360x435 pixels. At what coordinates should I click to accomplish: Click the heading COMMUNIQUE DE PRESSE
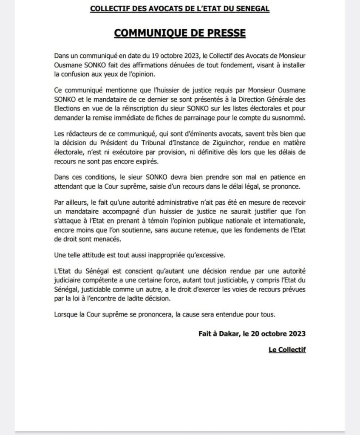[x=180, y=34]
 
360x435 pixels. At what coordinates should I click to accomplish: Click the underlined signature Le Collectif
[x=287, y=350]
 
